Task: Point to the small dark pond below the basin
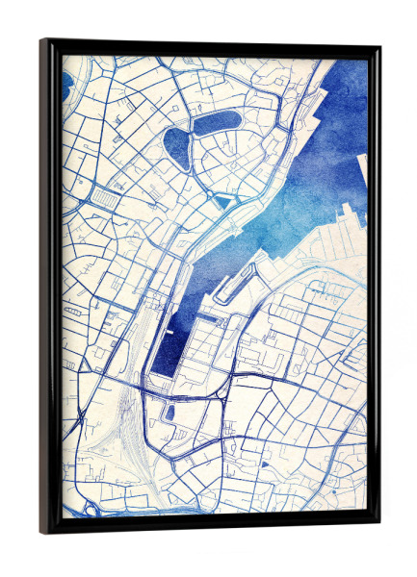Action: [170, 413]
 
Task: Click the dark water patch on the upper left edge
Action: [65, 85]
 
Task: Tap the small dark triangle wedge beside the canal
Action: [222, 201]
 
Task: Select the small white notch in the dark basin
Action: [169, 333]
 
